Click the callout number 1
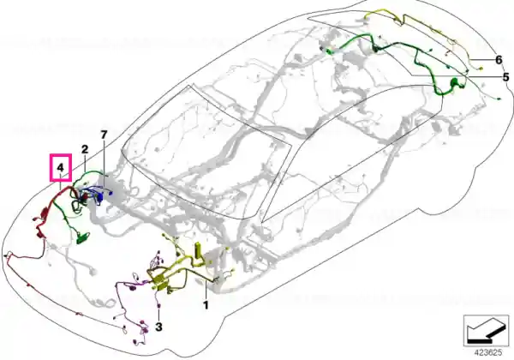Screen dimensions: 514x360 point(206,305)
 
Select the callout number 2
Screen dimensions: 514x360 point(85,149)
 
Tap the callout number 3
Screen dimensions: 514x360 point(158,327)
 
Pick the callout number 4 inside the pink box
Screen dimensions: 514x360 point(60,168)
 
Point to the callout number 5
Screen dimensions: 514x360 point(505,77)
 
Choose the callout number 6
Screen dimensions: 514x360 point(499,60)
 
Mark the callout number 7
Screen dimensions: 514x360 point(104,135)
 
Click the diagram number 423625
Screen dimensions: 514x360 point(488,353)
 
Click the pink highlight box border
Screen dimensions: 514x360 point(51,167)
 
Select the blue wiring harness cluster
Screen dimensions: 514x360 point(98,195)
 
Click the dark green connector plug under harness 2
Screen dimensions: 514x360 point(83,238)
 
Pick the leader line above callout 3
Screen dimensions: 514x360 point(158,313)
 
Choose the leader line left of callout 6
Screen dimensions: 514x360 point(481,60)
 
